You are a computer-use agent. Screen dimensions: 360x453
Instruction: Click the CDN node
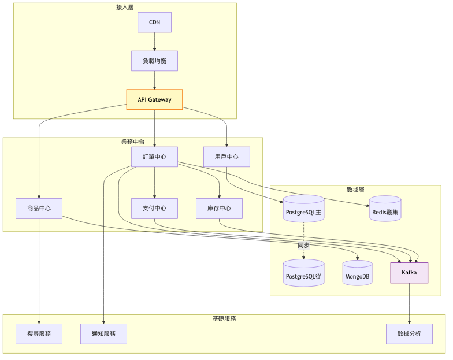[x=154, y=23]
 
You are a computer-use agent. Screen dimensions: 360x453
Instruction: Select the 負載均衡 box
[x=154, y=61]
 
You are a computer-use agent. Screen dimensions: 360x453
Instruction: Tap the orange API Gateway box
[x=154, y=99]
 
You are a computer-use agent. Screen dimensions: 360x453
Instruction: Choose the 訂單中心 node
[x=154, y=157]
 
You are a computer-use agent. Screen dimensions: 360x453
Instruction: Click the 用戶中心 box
[x=226, y=157]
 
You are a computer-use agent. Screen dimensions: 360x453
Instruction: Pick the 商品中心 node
[x=39, y=209]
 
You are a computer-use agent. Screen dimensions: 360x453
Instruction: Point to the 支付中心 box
[x=154, y=209]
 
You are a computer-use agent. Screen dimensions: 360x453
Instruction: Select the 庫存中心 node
[x=219, y=209]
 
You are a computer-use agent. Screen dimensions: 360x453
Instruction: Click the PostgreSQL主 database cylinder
[x=304, y=211]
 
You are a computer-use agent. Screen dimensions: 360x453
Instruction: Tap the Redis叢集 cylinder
[x=385, y=211]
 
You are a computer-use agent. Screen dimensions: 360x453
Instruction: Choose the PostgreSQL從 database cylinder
[x=304, y=274]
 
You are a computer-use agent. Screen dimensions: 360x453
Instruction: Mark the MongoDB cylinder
[x=358, y=274]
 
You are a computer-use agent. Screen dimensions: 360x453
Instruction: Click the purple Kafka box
[x=409, y=273]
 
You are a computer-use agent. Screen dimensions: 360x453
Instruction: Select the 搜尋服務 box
[x=39, y=334]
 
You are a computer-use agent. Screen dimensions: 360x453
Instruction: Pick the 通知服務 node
[x=103, y=334]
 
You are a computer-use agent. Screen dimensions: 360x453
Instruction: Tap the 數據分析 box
[x=409, y=334]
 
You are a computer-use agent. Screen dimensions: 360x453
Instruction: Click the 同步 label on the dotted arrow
[x=304, y=246]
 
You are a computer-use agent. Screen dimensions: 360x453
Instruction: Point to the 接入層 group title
[x=125, y=7]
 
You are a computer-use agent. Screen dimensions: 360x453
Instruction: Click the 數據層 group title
[x=355, y=190]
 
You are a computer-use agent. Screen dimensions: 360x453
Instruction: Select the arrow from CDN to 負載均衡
[x=154, y=42]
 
